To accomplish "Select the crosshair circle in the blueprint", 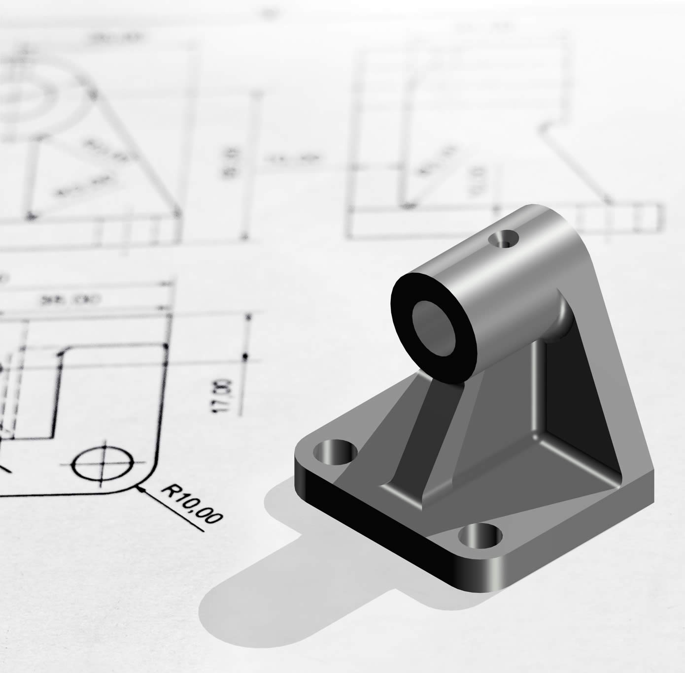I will click(x=103, y=464).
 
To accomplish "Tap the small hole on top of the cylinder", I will click(x=505, y=240).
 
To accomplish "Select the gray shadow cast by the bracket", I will click(x=276, y=566).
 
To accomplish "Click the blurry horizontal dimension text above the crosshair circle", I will click(x=84, y=299).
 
